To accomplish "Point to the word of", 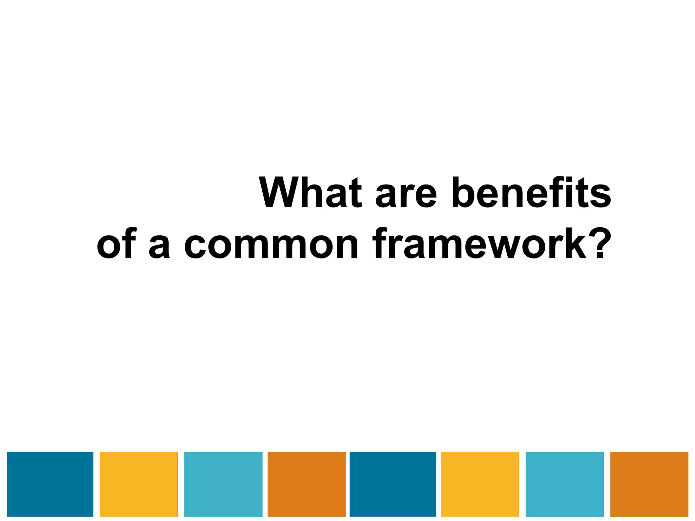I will pos(116,243).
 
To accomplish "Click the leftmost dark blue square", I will pos(50,484).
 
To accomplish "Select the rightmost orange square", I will pos(649,484).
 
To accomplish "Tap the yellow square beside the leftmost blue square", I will pos(139,484).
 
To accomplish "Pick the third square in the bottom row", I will pos(223,484).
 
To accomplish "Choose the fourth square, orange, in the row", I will pos(307,484).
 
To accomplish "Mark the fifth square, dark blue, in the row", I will pos(393,484).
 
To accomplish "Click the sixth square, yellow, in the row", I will pos(480,484).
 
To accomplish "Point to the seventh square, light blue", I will pos(565,484).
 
